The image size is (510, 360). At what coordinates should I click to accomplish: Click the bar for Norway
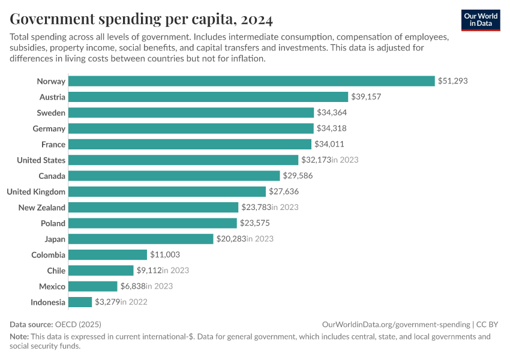251,81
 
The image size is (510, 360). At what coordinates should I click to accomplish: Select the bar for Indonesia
80,302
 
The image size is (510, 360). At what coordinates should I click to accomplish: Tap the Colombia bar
108,254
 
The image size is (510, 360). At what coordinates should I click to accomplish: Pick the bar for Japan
141,239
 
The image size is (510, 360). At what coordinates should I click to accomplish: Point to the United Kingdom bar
167,191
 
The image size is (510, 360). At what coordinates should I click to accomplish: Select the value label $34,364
332,113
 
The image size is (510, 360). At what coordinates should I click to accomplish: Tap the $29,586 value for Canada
298,176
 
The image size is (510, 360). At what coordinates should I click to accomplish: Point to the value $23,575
255,223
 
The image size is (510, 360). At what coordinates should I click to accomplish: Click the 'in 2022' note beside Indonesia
134,302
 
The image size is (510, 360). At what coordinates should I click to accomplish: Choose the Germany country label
49,128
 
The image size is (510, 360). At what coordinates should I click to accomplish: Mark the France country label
53,144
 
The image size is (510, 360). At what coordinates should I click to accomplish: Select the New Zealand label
42,207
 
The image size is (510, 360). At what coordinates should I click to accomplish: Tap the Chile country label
56,271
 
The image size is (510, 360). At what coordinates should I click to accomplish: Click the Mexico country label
52,286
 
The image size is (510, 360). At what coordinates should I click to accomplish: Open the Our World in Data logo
481,20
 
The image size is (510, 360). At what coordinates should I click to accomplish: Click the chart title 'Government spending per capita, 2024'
141,19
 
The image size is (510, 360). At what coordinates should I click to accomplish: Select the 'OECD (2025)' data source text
78,324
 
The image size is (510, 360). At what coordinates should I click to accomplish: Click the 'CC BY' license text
488,324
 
